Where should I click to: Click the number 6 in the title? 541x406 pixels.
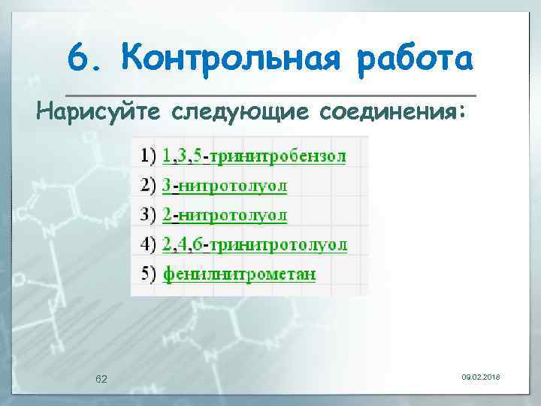point(78,57)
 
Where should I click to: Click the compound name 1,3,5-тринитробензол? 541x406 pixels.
point(254,156)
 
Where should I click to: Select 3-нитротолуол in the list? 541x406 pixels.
point(225,185)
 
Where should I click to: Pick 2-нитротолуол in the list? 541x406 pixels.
point(225,215)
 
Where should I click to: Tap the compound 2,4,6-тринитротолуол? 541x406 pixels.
point(255,244)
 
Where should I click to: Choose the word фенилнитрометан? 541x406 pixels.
point(239,274)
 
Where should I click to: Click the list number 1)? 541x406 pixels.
point(149,156)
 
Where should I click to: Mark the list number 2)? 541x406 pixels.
point(149,185)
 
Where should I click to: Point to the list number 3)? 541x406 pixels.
point(149,215)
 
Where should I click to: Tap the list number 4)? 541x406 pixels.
point(149,244)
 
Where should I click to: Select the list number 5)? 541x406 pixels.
point(149,274)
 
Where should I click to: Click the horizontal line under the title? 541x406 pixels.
point(270,95)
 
